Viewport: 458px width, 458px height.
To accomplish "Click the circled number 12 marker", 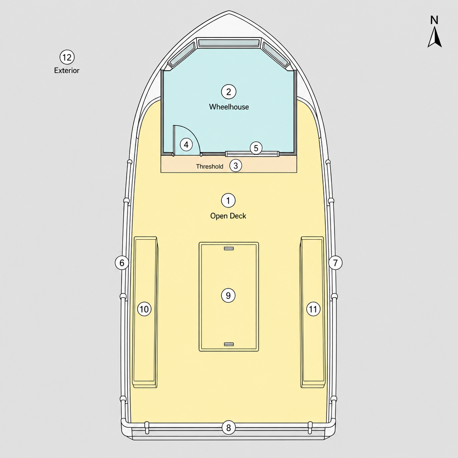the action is (67, 57).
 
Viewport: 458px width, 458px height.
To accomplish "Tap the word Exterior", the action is (67, 70).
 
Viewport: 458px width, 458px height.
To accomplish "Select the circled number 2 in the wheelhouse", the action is (229, 92).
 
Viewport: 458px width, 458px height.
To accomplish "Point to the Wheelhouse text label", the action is (229, 107).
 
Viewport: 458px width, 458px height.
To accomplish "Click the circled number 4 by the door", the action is (186, 144).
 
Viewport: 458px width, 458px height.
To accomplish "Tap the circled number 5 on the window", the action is (256, 148).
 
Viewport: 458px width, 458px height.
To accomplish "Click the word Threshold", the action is (209, 166).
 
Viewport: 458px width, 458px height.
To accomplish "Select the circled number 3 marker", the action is (236, 165).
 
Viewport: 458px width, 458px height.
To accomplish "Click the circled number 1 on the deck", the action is (228, 201).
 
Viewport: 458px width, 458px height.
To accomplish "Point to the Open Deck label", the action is (228, 216).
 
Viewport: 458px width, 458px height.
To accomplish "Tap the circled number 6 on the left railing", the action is (122, 263).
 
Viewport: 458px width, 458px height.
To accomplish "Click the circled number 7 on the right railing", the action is (335, 263).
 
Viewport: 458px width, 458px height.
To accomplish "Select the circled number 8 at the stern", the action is (229, 428).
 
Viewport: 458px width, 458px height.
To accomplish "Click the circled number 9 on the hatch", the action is (228, 295).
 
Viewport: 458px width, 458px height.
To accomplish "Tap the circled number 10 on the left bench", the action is (144, 309).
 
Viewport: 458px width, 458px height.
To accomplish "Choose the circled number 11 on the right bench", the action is (313, 309).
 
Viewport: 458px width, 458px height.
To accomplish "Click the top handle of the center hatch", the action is (229, 249).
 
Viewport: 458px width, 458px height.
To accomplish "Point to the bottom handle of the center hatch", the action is (229, 344).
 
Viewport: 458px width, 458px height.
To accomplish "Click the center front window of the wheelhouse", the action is (229, 43).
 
